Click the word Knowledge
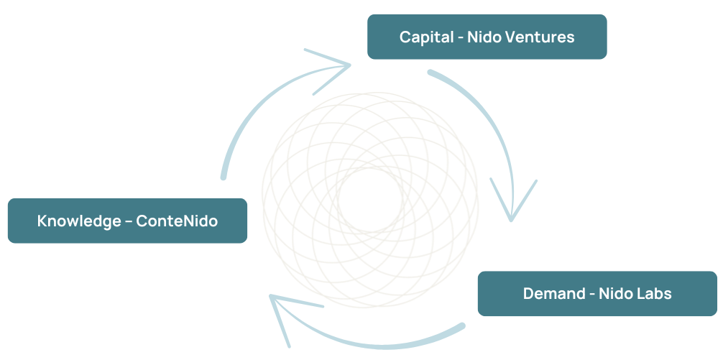pos(79,221)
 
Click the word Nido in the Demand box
pos(616,294)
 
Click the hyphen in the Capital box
pos(457,37)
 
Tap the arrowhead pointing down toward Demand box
pos(512,205)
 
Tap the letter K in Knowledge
pos(42,221)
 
